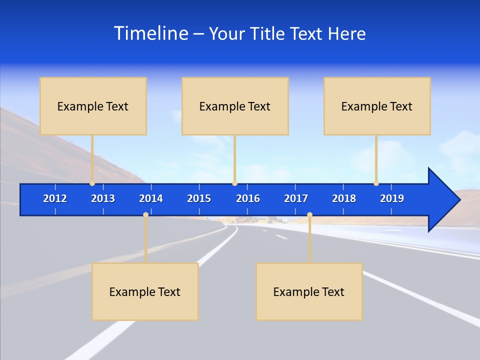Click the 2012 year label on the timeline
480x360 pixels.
[x=55, y=198]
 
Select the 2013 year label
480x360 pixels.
[x=103, y=198]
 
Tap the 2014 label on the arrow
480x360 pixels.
[x=151, y=198]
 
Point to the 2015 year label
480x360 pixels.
[x=199, y=198]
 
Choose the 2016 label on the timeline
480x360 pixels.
[x=248, y=198]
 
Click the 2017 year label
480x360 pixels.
[x=296, y=198]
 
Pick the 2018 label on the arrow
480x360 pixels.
[x=344, y=198]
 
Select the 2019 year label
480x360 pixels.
[x=392, y=198]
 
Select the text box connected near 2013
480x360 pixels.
[x=93, y=106]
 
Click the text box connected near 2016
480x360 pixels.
[x=235, y=106]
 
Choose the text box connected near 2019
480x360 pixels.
[x=377, y=106]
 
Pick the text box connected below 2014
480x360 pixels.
[x=145, y=291]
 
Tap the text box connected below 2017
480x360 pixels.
[x=309, y=291]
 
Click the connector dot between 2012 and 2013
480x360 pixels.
[x=92, y=183]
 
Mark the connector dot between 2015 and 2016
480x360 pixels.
[x=234, y=183]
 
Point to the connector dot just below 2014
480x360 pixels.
[x=145, y=215]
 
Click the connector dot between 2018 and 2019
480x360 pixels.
[x=376, y=183]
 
